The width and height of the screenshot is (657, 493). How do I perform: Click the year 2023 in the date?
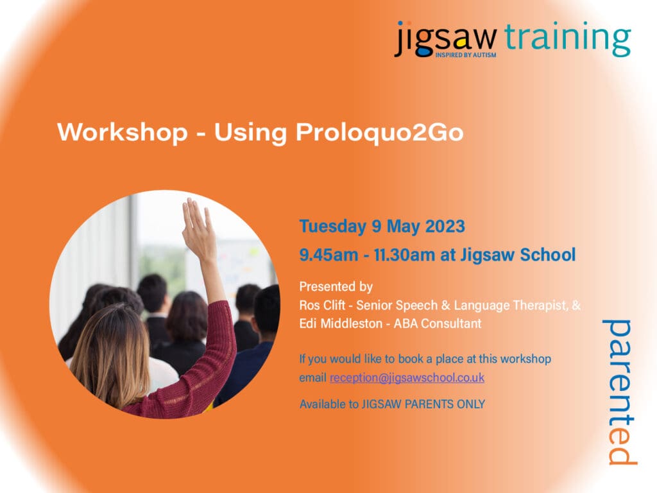(x=443, y=227)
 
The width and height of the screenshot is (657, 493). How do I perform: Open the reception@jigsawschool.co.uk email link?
(x=407, y=378)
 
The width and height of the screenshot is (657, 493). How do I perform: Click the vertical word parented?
(x=620, y=391)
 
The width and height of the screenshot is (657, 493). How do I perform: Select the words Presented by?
(x=336, y=287)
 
